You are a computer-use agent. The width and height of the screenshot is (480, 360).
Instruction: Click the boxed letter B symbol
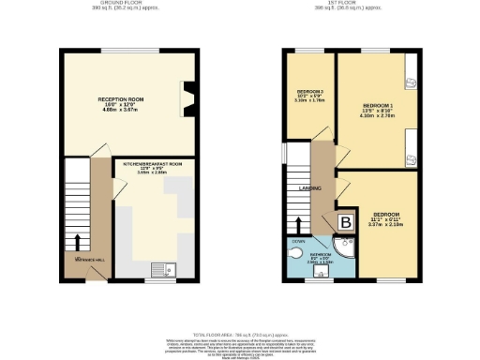click(x=345, y=222)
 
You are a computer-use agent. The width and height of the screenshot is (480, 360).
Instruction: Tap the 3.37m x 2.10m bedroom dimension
click(x=382, y=224)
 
